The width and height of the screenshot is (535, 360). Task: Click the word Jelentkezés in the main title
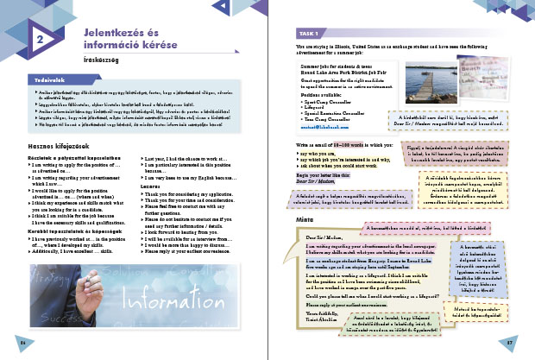coord(110,32)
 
